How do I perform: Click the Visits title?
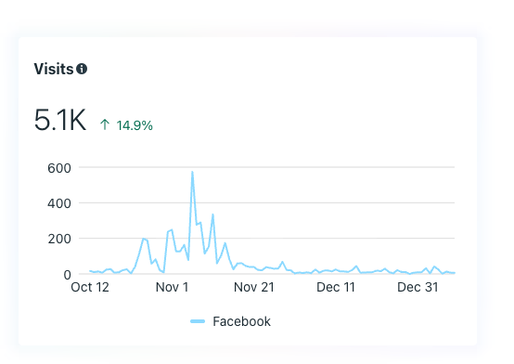click(53, 69)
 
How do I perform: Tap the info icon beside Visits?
click(82, 69)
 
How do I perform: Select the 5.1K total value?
click(59, 121)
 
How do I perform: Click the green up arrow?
click(105, 123)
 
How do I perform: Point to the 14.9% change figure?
click(135, 123)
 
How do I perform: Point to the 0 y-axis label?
click(67, 274)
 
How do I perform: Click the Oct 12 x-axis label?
click(90, 288)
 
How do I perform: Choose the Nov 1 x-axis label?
click(173, 288)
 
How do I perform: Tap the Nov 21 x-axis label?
click(254, 288)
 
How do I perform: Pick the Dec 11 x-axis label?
click(336, 288)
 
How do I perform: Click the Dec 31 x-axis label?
click(417, 288)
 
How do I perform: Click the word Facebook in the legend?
click(241, 321)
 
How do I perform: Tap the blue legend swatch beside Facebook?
click(198, 321)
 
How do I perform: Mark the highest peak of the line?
click(192, 172)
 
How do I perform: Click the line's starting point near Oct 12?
click(89, 271)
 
